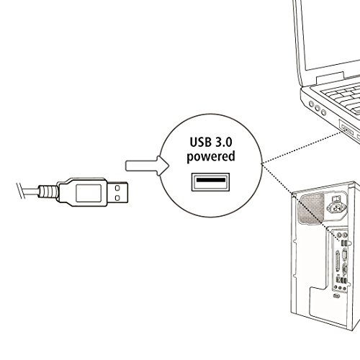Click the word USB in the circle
pyautogui.click(x=201, y=142)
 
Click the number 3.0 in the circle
pyautogui.click(x=224, y=142)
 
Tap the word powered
pyautogui.click(x=211, y=157)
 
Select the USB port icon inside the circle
pyautogui.click(x=210, y=182)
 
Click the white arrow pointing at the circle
pyautogui.click(x=147, y=166)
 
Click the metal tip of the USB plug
pyautogui.click(x=117, y=193)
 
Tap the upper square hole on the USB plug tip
pyautogui.click(x=117, y=188)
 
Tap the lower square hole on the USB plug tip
pyautogui.click(x=117, y=198)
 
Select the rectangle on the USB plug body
pyautogui.click(x=89, y=193)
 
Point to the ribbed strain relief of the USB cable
pyautogui.click(x=49, y=192)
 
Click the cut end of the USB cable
pyautogui.click(x=21, y=191)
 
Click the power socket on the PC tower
pyautogui.click(x=336, y=207)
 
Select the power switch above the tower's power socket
pyautogui.click(x=335, y=199)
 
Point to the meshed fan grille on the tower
pyautogui.click(x=311, y=209)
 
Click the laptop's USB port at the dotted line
pyautogui.click(x=346, y=130)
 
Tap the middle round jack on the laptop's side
pyautogui.click(x=318, y=108)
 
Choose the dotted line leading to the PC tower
pyautogui.click(x=300, y=202)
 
